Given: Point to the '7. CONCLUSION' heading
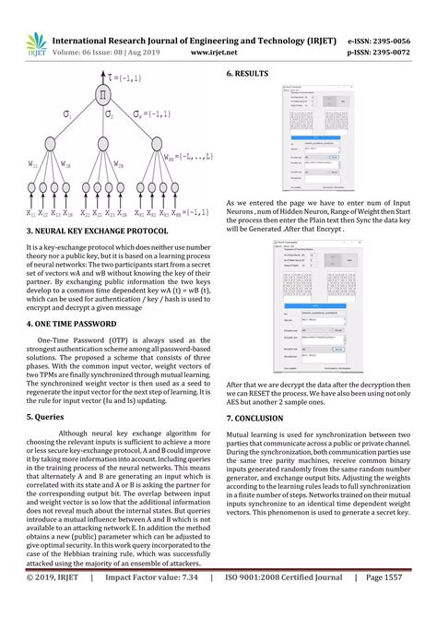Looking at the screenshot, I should [262, 418].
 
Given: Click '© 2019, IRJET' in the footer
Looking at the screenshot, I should [53, 603].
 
